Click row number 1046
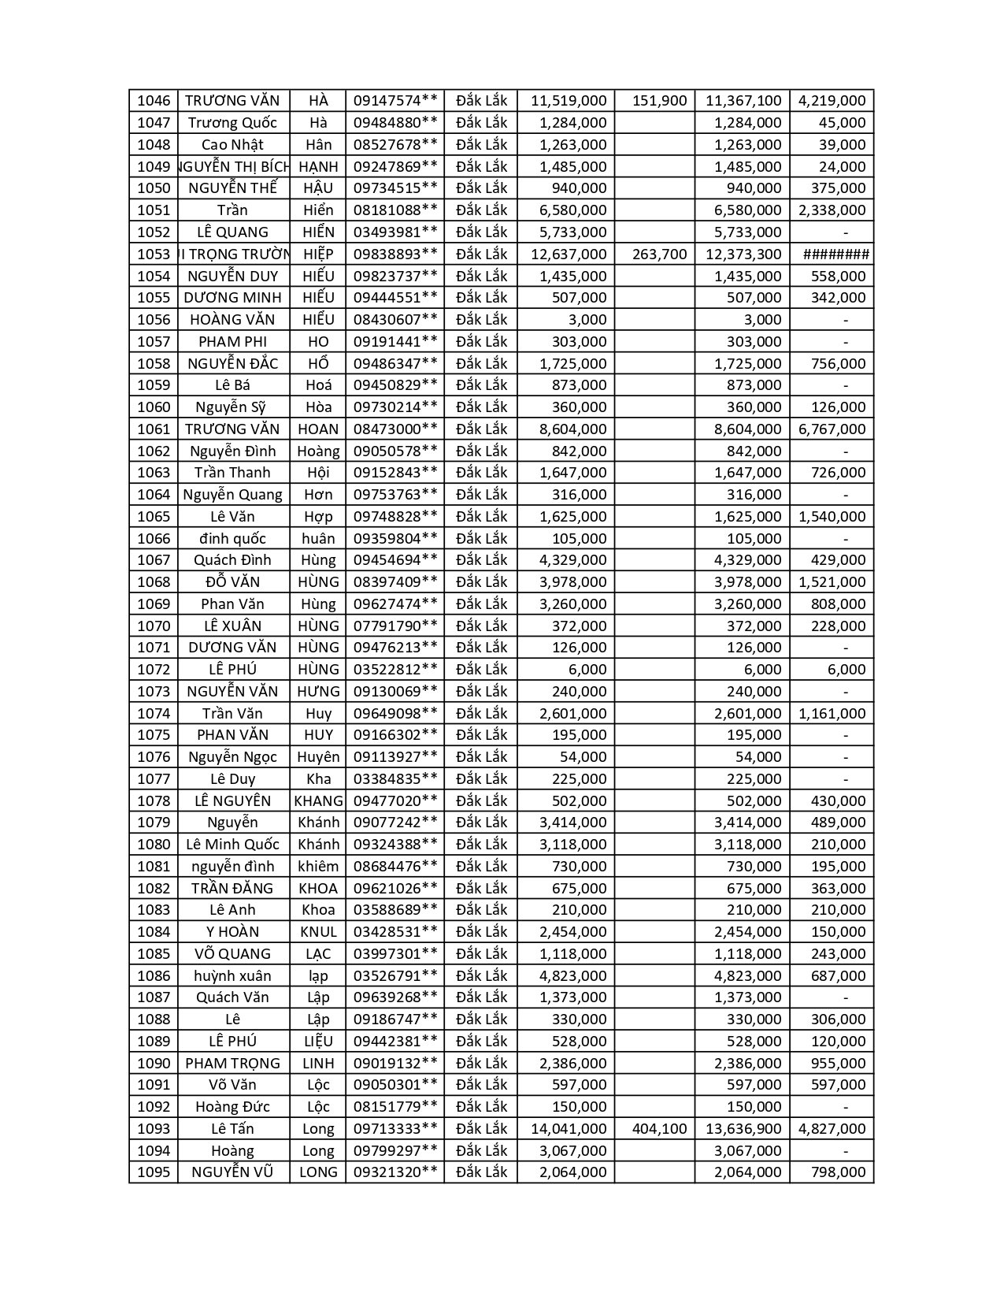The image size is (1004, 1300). click(x=154, y=101)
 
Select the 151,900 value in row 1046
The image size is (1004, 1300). click(x=660, y=101)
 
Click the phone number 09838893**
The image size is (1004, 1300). click(x=395, y=254)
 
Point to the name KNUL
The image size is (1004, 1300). click(x=318, y=932)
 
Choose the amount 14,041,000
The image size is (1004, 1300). click(x=569, y=1129)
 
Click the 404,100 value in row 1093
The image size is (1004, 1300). click(x=660, y=1129)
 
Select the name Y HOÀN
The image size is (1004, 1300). click(x=232, y=932)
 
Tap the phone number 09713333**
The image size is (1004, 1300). click(x=395, y=1129)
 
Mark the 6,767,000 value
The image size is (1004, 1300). click(x=832, y=429)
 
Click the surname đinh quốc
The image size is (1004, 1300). click(x=232, y=539)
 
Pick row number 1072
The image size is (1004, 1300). click(x=154, y=670)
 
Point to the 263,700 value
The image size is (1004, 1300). click(x=660, y=254)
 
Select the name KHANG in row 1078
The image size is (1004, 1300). click(x=318, y=801)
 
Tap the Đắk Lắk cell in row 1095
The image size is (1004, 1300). click(x=481, y=1172)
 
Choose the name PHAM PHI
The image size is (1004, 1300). click(x=232, y=342)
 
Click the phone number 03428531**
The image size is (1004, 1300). click(x=395, y=932)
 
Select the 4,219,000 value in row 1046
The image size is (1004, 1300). click(x=832, y=101)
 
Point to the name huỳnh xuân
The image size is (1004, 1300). click(x=232, y=976)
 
